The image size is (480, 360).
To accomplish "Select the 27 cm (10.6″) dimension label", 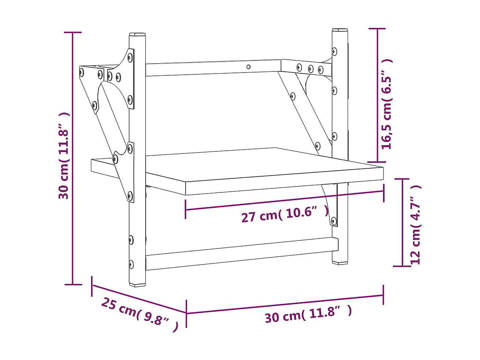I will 285,214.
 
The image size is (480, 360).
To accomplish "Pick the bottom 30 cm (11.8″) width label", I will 308,314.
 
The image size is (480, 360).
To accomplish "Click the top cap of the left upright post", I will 137,34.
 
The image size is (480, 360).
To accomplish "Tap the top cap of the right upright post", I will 340,30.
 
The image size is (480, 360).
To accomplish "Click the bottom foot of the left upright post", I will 138,284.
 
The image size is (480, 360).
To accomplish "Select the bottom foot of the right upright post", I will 340,262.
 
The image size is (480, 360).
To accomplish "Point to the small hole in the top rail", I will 248,67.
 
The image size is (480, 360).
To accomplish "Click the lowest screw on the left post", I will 131,265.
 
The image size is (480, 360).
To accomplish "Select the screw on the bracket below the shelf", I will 333,221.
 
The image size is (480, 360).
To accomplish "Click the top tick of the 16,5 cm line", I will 378,29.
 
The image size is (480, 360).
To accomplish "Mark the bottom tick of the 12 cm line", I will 402,266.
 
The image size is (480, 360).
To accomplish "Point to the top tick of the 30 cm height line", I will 73,33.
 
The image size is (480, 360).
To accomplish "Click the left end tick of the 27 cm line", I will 185,210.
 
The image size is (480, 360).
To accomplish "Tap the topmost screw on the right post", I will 334,51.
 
